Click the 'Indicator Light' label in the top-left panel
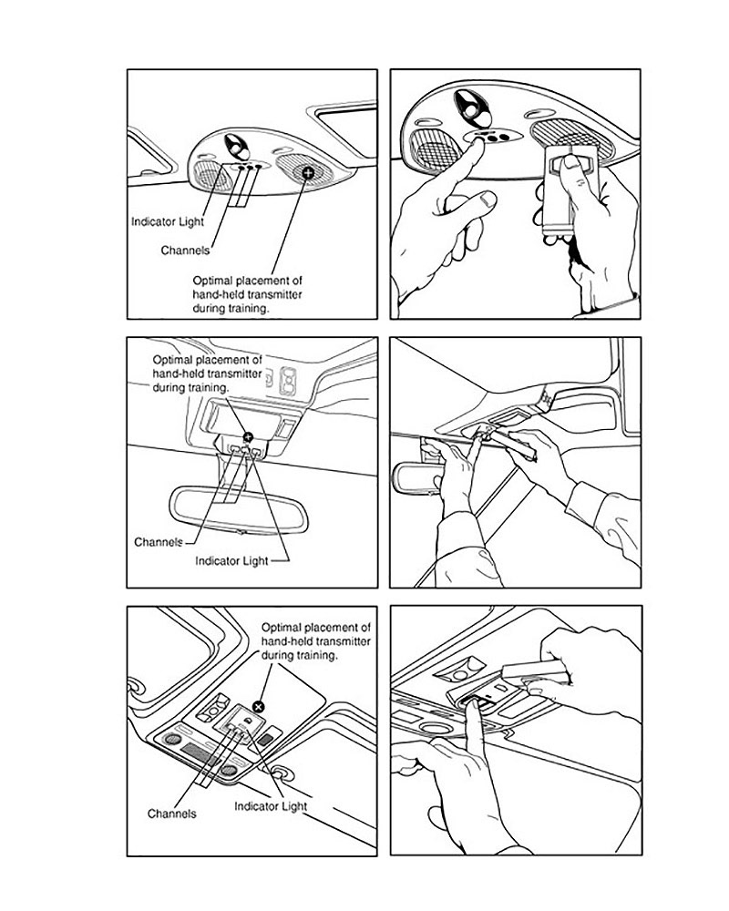[168, 221]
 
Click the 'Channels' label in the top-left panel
[185, 251]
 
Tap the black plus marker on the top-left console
[307, 171]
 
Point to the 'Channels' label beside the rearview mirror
[159, 542]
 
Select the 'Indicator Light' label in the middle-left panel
[231, 560]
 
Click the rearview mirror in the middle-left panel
[239, 509]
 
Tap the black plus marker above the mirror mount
[248, 437]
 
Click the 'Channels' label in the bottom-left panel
[171, 814]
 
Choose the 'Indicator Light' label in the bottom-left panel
[271, 806]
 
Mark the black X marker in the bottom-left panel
[259, 707]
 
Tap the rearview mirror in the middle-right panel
[418, 476]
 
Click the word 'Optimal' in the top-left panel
[212, 281]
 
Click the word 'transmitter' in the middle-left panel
[234, 374]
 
